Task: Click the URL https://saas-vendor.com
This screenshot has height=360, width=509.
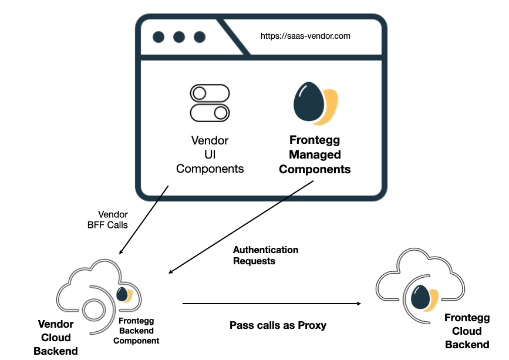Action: pos(305,36)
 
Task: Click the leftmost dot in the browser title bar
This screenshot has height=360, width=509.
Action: pos(159,37)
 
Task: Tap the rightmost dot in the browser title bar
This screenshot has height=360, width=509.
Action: pos(200,37)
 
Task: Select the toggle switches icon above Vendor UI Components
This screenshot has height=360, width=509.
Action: pos(209,102)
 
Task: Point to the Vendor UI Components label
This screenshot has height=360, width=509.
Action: pos(210,155)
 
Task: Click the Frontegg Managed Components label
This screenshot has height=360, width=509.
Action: pos(315,155)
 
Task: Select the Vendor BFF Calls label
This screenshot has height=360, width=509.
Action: pos(112,220)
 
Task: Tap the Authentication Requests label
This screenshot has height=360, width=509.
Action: pos(265,255)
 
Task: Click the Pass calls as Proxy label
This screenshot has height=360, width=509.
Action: pos(278,325)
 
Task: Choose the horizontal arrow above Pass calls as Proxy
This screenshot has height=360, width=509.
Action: pos(271,304)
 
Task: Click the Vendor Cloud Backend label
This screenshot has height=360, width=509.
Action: pos(56,338)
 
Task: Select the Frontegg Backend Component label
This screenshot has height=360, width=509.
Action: pos(139,331)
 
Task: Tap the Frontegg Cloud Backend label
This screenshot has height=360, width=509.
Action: pos(467,331)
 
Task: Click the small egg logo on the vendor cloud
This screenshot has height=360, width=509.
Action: pos(124,294)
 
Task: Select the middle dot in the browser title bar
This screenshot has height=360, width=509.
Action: pos(179,37)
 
